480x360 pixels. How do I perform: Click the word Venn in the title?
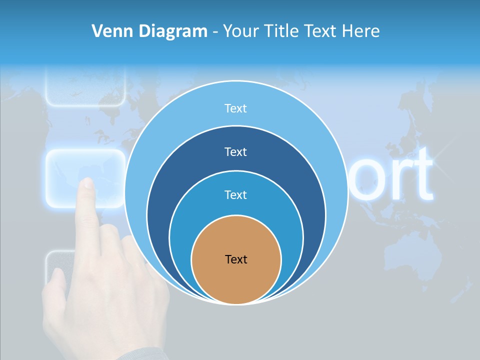click(x=113, y=31)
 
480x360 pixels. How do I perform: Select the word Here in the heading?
click(x=360, y=31)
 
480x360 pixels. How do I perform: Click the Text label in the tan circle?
click(x=236, y=259)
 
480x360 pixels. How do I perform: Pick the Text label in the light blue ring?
click(x=235, y=108)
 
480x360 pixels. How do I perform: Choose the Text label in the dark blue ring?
click(x=235, y=151)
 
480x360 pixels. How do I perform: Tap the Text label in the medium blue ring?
click(x=235, y=194)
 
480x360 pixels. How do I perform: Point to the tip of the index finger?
click(x=87, y=182)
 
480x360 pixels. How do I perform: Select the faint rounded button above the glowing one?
click(x=85, y=87)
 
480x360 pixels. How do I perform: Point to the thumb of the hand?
click(x=56, y=285)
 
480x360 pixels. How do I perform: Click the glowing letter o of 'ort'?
click(x=367, y=177)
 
